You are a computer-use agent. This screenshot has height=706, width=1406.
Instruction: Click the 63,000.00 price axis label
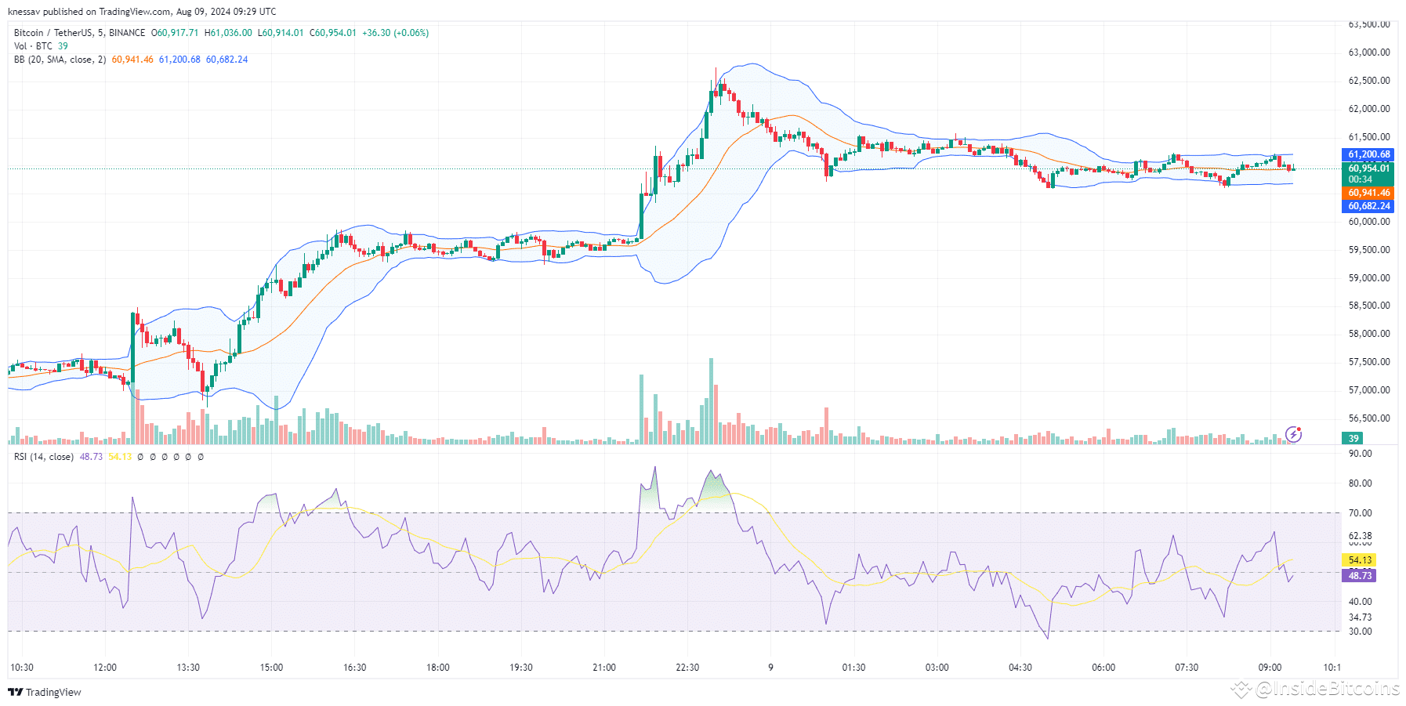pos(1368,52)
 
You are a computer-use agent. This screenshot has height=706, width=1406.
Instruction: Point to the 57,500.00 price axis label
pos(1368,362)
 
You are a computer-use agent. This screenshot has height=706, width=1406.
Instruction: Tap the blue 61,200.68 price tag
pos(1368,154)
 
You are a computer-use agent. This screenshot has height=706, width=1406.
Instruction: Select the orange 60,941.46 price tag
pos(1368,193)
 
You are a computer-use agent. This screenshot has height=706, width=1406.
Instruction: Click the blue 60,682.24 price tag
pos(1368,206)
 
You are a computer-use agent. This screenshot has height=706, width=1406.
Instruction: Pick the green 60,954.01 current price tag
pos(1368,168)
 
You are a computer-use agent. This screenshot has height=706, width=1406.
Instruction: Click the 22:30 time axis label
pos(687,668)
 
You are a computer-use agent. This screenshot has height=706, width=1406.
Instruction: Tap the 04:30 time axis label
pos(1020,668)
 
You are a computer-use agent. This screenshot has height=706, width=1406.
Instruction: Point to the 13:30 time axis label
pos(188,668)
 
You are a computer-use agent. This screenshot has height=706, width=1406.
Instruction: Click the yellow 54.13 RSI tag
pos(1360,560)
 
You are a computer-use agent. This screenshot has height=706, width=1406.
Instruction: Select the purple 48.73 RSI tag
pos(1360,576)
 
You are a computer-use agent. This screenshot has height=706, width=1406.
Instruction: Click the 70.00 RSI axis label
pos(1360,513)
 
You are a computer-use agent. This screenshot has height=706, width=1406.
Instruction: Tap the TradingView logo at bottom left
pos(45,692)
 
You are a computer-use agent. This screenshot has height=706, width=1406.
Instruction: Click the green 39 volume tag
pos(1353,439)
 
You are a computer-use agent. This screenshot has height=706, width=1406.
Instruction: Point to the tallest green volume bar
pos(711,401)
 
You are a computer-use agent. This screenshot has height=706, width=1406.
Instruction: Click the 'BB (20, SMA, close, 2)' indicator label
pos(60,60)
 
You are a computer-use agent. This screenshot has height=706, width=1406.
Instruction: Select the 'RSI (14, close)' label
pos(43,457)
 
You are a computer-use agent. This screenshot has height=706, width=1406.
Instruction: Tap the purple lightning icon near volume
pos(1294,434)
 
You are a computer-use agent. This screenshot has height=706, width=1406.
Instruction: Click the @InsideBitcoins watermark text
pos(1326,689)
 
